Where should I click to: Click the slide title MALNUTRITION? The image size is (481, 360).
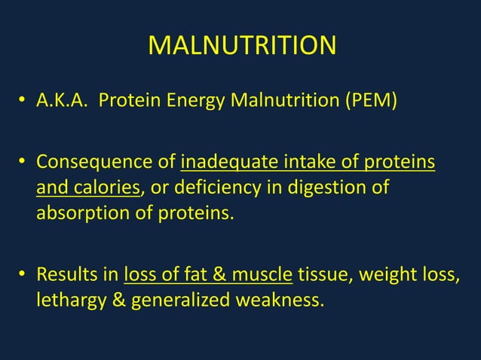pyautogui.click(x=241, y=47)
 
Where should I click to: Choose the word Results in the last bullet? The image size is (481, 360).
pyautogui.click(x=66, y=274)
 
